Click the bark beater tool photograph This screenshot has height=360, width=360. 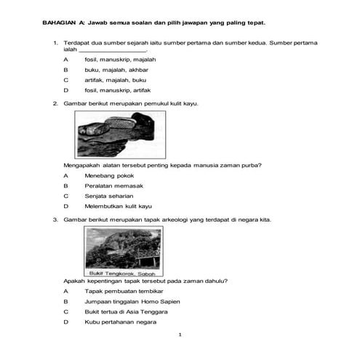pos(116,135)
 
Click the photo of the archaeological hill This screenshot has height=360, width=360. pos(123,248)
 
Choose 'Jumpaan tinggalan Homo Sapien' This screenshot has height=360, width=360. pos(127,300)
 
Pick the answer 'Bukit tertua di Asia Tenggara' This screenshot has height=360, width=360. pos(126,311)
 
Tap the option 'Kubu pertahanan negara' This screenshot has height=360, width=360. pos(119,321)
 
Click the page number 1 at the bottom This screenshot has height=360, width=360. pos(180,335)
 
